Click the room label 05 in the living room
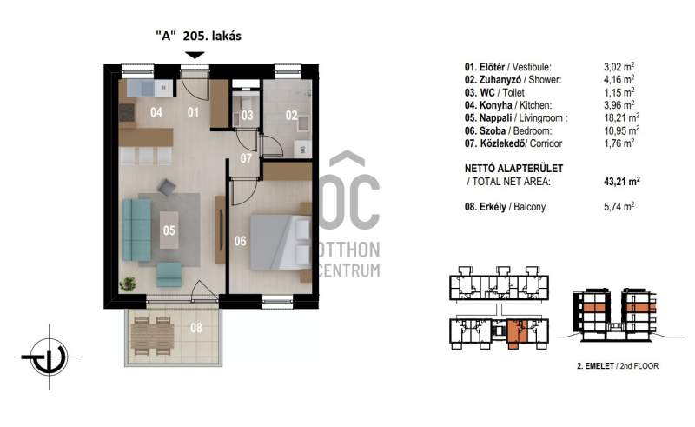(169, 230)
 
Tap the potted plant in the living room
(128, 284)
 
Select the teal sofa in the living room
(136, 230)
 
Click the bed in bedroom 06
(280, 243)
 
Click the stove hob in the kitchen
(127, 112)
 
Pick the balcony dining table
(151, 336)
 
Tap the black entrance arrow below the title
(195, 55)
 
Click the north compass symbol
(49, 357)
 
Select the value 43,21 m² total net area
(621, 181)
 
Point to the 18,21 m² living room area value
(621, 117)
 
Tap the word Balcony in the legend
(529, 207)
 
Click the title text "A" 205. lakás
(198, 36)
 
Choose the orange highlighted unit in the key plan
(515, 331)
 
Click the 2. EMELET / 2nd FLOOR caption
(618, 366)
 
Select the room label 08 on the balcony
(196, 328)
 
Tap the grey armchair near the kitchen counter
(166, 187)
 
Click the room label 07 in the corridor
(246, 157)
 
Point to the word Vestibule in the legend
(532, 67)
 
